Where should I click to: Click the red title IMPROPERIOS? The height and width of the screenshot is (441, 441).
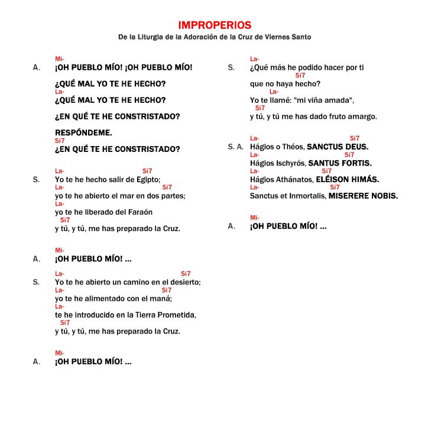coord(215,25)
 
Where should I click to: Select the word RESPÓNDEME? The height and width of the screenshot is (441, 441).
coord(83,133)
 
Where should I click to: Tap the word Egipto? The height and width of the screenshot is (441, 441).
coord(148,180)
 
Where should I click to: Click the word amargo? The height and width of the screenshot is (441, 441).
coord(361,116)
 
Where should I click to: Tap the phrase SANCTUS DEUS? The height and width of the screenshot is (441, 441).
coord(338,147)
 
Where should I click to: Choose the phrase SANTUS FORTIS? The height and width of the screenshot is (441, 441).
coord(340,163)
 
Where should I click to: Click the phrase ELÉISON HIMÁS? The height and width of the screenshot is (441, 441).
coord(348,180)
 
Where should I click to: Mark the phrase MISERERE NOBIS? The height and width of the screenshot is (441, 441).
coord(363,196)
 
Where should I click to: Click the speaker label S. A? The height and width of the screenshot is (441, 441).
coord(235,147)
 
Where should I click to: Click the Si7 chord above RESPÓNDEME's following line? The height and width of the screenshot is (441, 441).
coord(60,141)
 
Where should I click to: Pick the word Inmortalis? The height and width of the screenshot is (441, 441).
coord(305,196)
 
